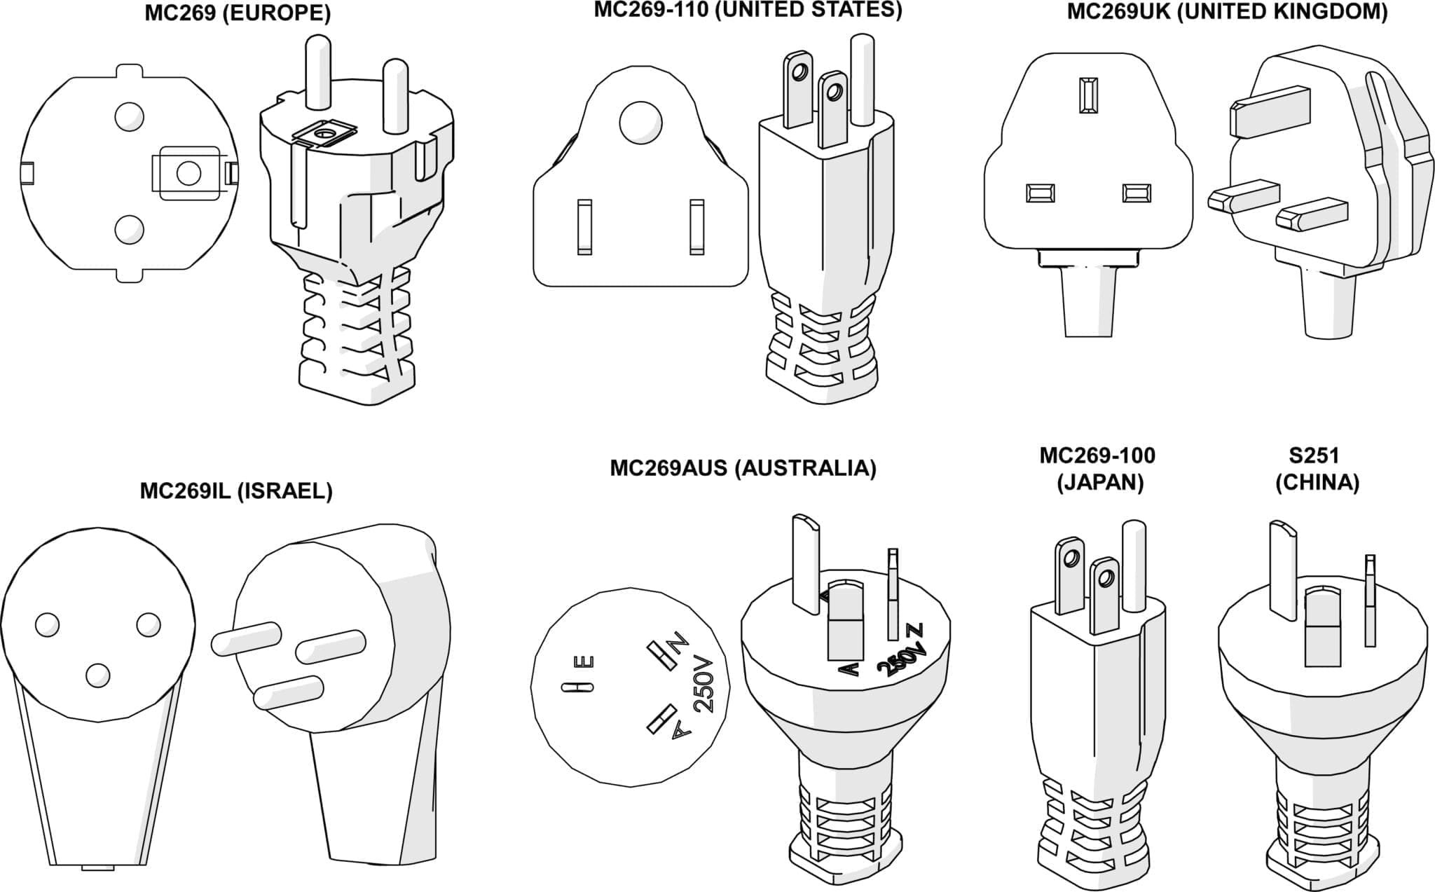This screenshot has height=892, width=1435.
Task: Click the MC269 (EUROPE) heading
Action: pos(238,13)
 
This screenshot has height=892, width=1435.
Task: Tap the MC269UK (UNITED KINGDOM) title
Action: pos(1227,12)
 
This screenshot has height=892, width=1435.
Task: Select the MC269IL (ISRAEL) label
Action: pos(236,491)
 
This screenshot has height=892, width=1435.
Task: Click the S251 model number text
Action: pos(1314,455)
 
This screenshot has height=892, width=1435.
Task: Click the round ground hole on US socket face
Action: pos(640,123)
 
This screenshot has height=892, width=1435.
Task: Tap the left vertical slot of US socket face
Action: pos(584,226)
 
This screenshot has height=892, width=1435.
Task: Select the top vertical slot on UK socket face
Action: pos(1088,95)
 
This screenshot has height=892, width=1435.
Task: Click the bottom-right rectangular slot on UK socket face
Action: pos(1136,193)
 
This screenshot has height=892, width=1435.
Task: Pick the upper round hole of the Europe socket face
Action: pos(129,116)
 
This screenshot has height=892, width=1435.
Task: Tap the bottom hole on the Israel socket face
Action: pos(98,675)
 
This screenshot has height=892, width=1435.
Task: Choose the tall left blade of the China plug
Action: pos(1282,569)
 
